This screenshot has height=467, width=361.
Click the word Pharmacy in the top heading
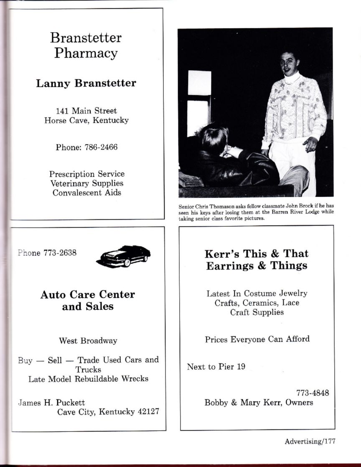click(x=86, y=53)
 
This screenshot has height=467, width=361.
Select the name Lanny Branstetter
click(x=86, y=83)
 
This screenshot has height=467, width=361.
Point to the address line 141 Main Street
click(x=86, y=111)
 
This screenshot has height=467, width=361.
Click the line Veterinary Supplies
click(x=87, y=183)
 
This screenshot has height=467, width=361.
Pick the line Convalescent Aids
click(x=87, y=193)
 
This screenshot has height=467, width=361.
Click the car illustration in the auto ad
click(x=124, y=256)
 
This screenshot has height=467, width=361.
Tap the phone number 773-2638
click(x=60, y=253)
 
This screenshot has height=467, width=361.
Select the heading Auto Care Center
click(x=88, y=294)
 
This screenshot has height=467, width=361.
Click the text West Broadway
click(x=88, y=341)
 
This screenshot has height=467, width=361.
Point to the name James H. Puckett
click(x=52, y=403)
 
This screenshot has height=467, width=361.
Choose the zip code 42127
click(x=148, y=412)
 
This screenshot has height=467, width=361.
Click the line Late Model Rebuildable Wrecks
click(x=88, y=379)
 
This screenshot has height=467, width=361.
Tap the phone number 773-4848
click(x=313, y=393)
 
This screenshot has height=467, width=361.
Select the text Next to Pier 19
click(x=216, y=367)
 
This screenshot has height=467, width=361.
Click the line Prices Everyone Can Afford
click(x=257, y=339)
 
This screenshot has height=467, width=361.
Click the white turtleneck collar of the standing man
click(x=292, y=78)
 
